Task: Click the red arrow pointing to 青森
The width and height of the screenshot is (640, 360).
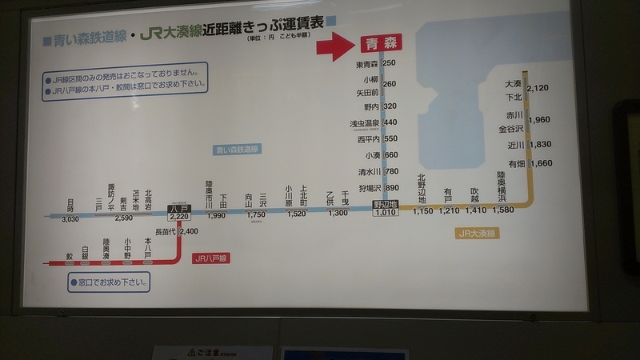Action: click(x=334, y=46)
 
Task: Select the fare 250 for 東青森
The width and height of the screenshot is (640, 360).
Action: click(x=390, y=63)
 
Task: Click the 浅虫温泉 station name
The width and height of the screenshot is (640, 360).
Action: click(x=364, y=123)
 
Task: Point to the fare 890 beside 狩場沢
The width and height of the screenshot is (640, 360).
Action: click(x=391, y=188)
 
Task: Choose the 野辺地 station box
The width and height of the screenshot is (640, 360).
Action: click(x=385, y=205)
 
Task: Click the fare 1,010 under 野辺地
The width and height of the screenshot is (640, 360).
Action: click(x=385, y=213)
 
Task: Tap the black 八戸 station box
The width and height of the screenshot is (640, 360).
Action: click(x=178, y=210)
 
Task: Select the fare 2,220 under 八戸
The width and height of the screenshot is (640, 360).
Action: click(x=178, y=217)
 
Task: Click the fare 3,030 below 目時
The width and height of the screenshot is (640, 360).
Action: click(x=70, y=218)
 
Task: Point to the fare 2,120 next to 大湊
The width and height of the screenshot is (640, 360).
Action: click(x=538, y=88)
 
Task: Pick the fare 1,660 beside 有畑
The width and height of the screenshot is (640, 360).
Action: click(x=541, y=164)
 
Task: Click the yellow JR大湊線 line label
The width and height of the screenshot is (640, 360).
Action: click(x=478, y=234)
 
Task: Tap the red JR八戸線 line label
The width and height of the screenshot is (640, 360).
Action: click(x=210, y=259)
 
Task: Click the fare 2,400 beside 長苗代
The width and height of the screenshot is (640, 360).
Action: click(x=189, y=231)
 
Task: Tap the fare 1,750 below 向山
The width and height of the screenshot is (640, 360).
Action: click(x=256, y=214)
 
